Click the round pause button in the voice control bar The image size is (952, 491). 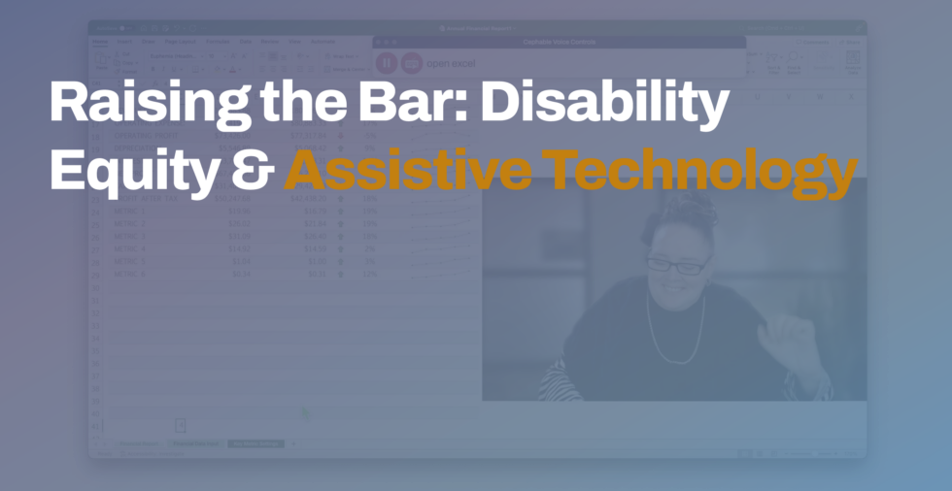coord(386,63)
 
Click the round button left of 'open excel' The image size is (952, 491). coord(412,63)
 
